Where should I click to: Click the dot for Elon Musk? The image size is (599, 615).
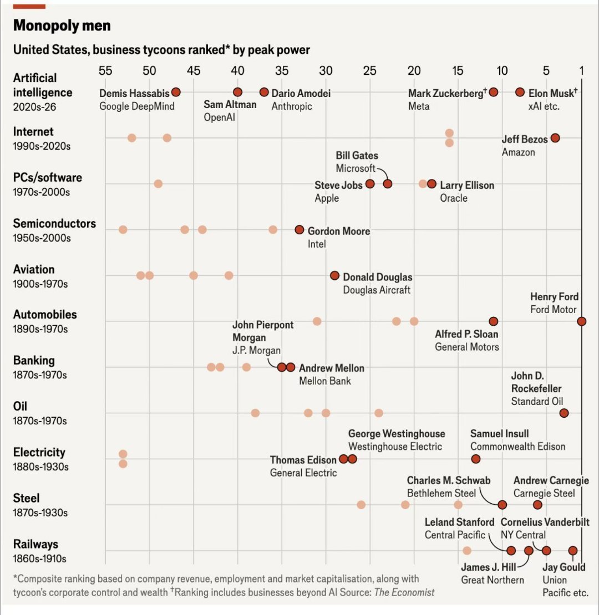click(x=520, y=92)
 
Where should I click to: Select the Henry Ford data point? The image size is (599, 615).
click(x=581, y=321)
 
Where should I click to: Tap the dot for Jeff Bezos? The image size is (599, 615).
click(x=555, y=138)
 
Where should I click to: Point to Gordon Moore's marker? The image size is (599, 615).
click(x=299, y=229)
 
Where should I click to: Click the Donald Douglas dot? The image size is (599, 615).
click(x=334, y=275)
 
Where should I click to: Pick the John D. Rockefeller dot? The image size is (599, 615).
click(x=564, y=413)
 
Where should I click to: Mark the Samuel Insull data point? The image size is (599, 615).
click(x=476, y=459)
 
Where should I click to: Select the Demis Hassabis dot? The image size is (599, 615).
click(x=176, y=92)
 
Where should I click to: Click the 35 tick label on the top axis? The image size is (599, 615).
click(x=281, y=70)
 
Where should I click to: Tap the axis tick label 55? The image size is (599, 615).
click(x=105, y=70)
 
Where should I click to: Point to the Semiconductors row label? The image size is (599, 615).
click(x=54, y=223)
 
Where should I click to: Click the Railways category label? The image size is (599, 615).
click(x=35, y=544)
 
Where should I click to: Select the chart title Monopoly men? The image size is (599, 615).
click(x=62, y=25)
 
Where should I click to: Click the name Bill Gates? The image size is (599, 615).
click(x=357, y=155)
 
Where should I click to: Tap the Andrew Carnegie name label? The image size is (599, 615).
click(x=551, y=480)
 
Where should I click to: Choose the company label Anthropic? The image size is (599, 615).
click(x=292, y=106)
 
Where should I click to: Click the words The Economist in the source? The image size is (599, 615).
click(x=404, y=592)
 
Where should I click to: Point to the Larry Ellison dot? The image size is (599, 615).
click(x=432, y=183)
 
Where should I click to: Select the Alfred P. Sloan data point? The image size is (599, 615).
click(x=494, y=321)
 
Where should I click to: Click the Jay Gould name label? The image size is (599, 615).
click(x=564, y=567)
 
